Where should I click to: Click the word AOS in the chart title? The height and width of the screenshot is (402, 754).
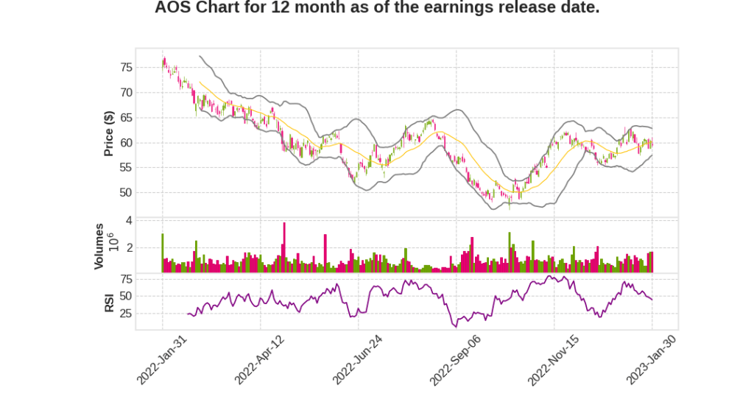pyautogui.click(x=174, y=9)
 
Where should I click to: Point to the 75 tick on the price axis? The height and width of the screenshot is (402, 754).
pyautogui.click(x=126, y=68)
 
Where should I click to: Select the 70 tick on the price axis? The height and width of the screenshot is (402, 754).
pyautogui.click(x=126, y=93)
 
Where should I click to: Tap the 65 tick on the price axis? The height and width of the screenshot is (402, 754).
pyautogui.click(x=126, y=118)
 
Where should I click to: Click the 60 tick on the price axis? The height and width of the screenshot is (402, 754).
pyautogui.click(x=126, y=143)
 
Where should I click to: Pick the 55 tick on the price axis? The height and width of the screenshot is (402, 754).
pyautogui.click(x=126, y=168)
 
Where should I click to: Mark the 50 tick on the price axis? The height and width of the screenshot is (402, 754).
pyautogui.click(x=126, y=193)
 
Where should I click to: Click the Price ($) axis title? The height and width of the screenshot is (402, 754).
pyautogui.click(x=108, y=133)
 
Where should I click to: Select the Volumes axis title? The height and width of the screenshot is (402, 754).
pyautogui.click(x=99, y=246)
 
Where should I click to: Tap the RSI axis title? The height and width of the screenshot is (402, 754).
pyautogui.click(x=109, y=303)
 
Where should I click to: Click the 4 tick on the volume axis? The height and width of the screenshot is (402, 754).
pyautogui.click(x=129, y=220)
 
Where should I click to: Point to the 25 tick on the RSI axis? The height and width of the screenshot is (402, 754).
pyautogui.click(x=126, y=314)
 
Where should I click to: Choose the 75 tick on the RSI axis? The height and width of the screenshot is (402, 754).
pyautogui.click(x=126, y=279)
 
